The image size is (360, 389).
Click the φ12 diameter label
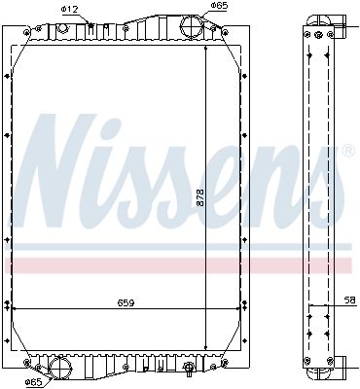click(70, 10)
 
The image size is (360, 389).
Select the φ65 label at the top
click(220, 6)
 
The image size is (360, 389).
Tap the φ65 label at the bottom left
click(35, 382)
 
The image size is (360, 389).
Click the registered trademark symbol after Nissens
click(347, 151)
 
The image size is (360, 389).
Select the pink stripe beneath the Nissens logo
click(180, 265)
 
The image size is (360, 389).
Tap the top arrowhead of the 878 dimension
click(205, 46)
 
